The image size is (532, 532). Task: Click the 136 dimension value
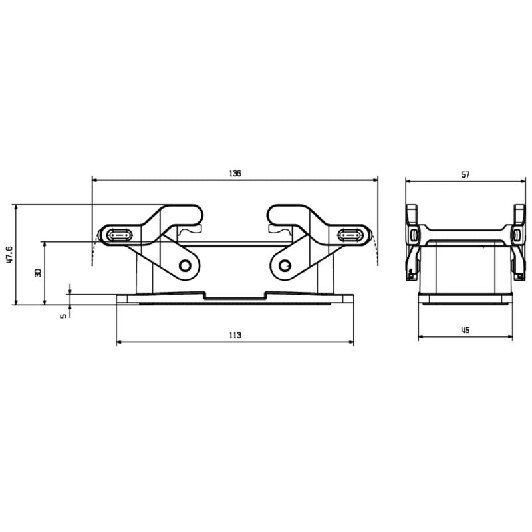pos(235,173)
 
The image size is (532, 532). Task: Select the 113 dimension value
pos(235,336)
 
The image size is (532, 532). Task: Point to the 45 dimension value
pos(465,330)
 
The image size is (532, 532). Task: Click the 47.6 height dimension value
pos(9,255)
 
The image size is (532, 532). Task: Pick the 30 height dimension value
pos(38,273)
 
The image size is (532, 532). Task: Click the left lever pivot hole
pos(185,266)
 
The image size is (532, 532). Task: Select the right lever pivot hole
pos(285,266)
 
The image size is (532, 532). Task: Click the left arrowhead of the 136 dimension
pos(94,180)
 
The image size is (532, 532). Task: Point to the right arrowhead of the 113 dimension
pos(351,343)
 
